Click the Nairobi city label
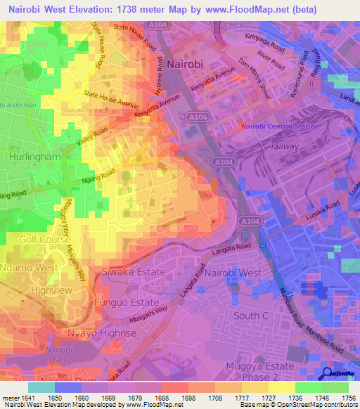coord(186,63)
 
